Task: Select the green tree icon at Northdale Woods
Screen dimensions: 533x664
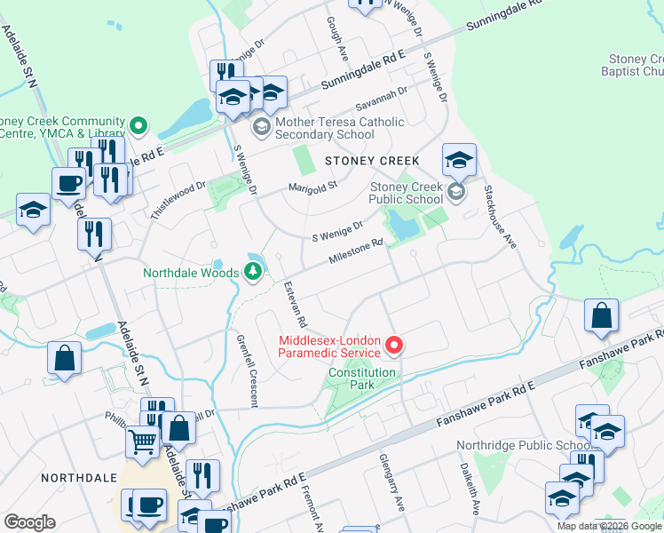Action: tap(253, 273)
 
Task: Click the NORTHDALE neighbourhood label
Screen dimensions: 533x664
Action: tap(79, 478)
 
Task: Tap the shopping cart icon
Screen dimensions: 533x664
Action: tap(143, 441)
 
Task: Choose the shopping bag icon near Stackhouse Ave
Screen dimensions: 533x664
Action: tap(602, 315)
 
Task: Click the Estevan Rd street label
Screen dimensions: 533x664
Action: tap(295, 305)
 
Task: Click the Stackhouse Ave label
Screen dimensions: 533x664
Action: tap(500, 217)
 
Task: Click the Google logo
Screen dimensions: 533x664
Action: tap(29, 521)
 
